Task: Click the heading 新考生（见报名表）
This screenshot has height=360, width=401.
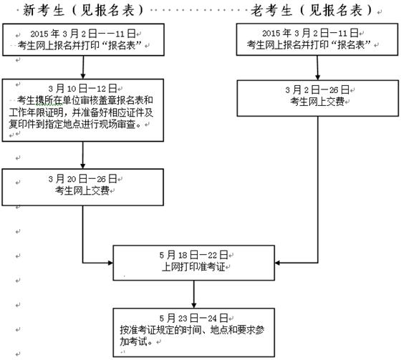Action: click(x=83, y=11)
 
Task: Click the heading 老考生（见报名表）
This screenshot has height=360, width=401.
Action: click(x=311, y=11)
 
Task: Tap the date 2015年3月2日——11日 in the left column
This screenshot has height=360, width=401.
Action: click(x=83, y=34)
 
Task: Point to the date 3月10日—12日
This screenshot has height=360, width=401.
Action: click(x=82, y=89)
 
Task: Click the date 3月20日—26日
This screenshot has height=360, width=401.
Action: click(x=82, y=179)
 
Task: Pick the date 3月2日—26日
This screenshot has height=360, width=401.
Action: click(x=317, y=89)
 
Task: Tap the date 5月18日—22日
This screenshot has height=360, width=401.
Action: click(x=193, y=255)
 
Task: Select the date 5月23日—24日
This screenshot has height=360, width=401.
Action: click(x=193, y=318)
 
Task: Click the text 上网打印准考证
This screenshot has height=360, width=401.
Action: click(x=193, y=267)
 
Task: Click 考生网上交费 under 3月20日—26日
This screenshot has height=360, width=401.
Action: click(x=82, y=190)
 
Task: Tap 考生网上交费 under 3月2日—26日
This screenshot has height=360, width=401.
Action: click(x=317, y=102)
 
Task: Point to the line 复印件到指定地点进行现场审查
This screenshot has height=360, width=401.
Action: click(x=75, y=125)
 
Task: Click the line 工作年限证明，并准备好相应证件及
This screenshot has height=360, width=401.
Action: click(x=81, y=112)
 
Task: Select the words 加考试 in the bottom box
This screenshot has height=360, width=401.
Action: click(x=133, y=341)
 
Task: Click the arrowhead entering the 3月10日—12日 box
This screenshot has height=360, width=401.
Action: click(x=83, y=76)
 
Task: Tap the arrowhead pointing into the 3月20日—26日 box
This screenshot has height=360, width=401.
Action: click(x=82, y=166)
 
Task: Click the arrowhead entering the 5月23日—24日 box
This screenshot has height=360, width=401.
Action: click(x=194, y=306)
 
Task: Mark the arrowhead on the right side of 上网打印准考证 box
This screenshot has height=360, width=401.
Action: click(x=278, y=263)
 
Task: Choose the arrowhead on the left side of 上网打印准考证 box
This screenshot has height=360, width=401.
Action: click(x=110, y=263)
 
